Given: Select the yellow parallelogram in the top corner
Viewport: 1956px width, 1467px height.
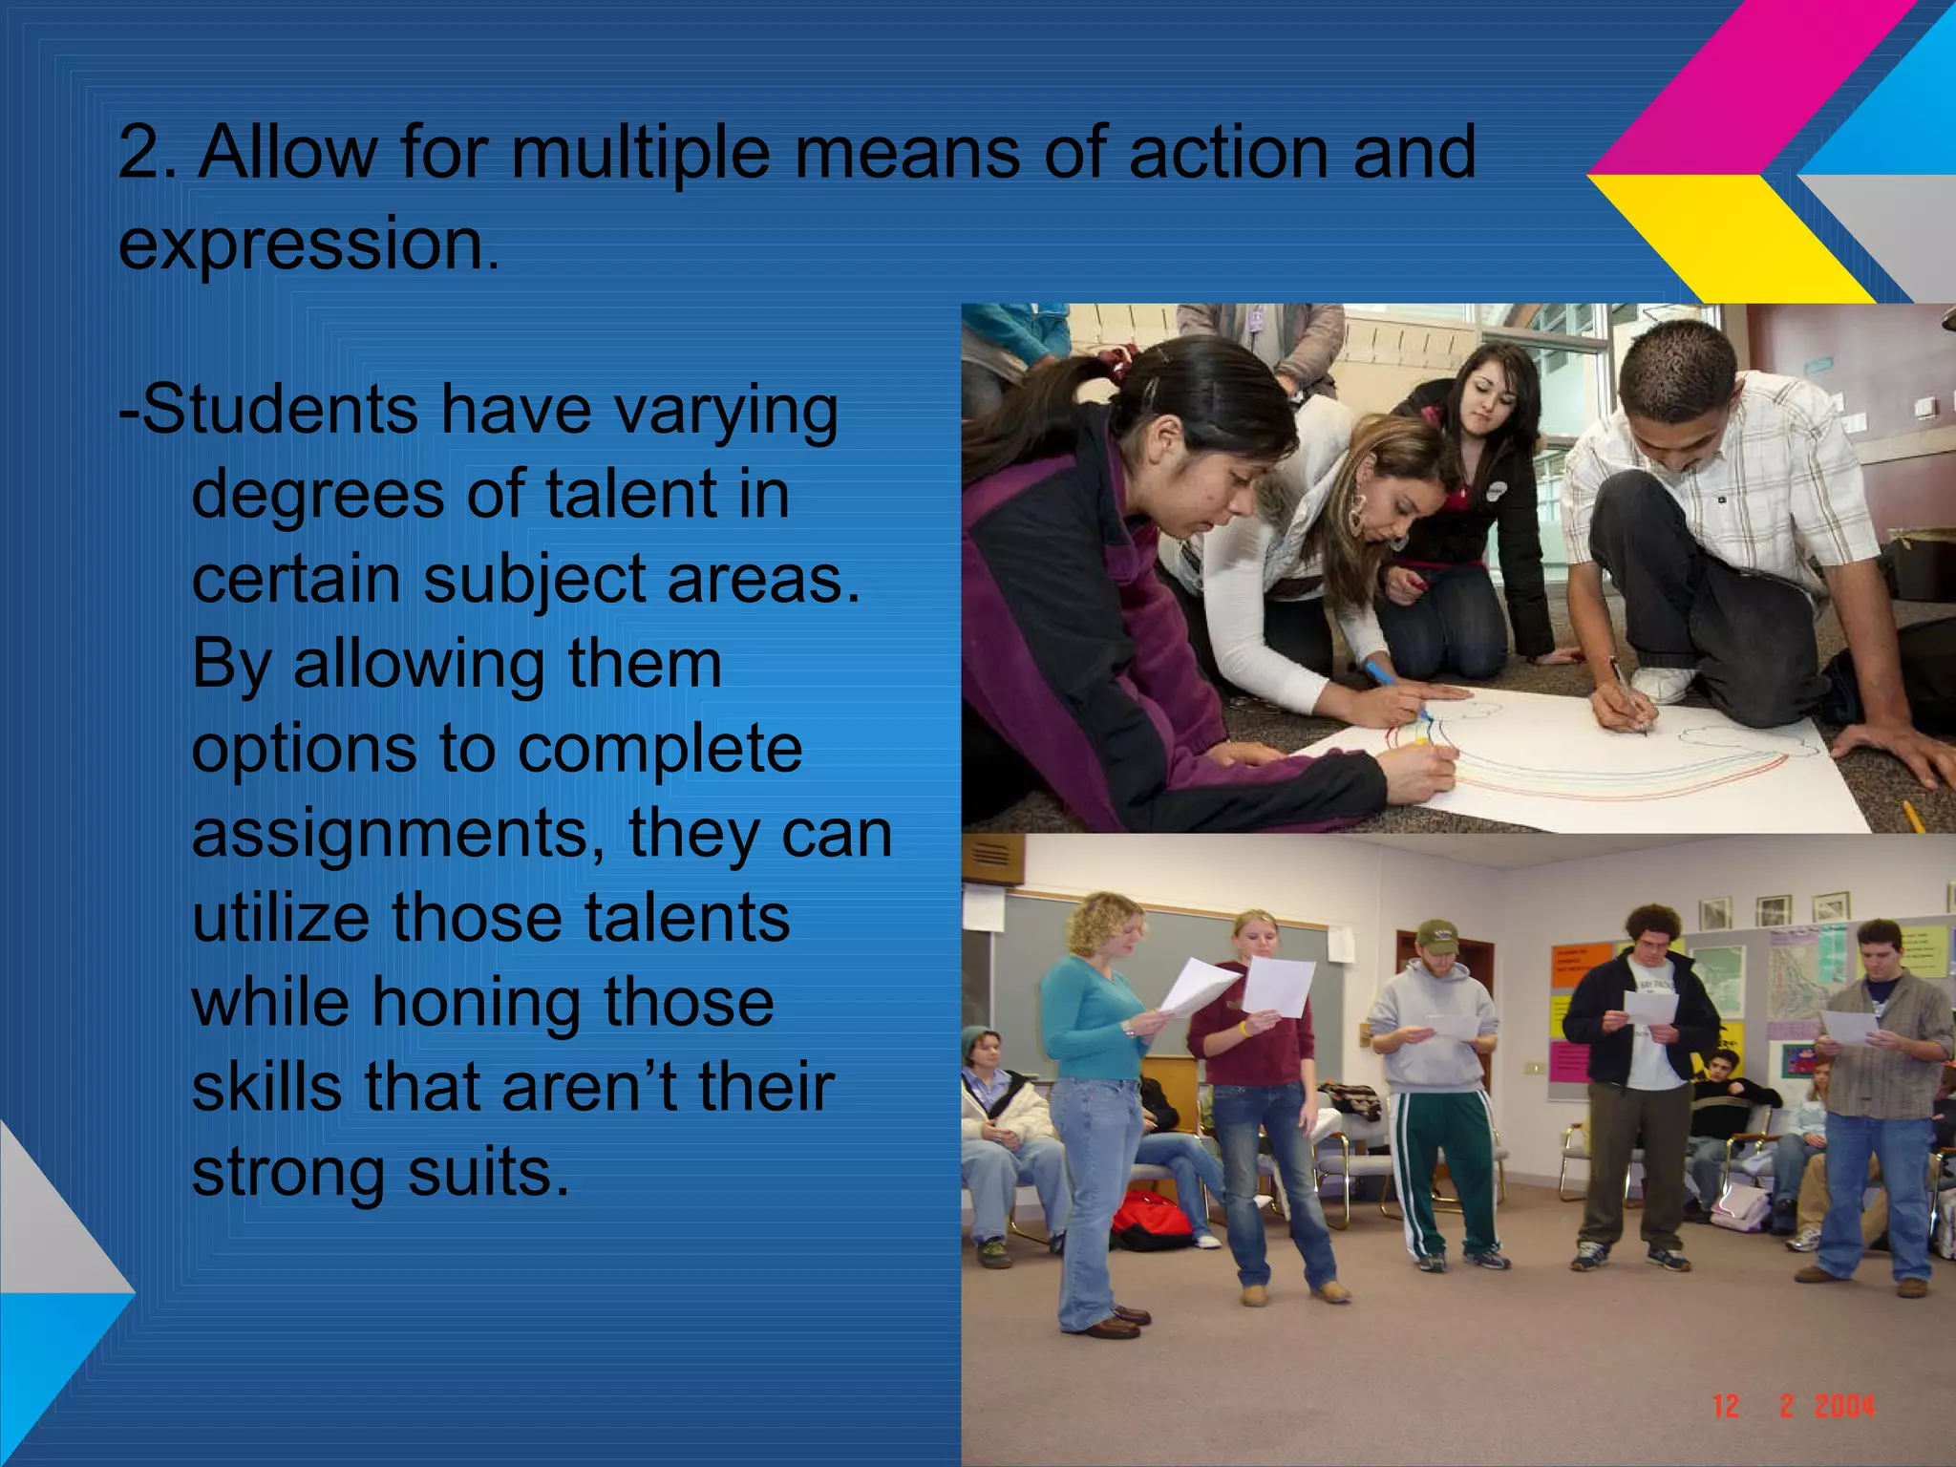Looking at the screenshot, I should [x=1729, y=234].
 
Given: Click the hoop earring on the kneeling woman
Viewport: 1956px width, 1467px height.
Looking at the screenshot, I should [x=1357, y=517].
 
